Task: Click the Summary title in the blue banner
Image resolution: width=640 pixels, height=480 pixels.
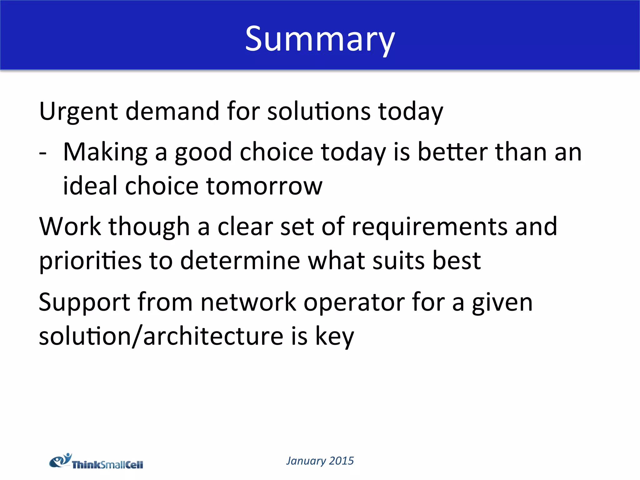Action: pos(320,39)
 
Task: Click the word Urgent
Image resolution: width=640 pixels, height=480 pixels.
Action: pos(78,112)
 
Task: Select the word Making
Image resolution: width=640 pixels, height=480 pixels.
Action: pos(105,152)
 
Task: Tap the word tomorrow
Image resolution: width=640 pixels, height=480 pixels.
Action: pos(264,187)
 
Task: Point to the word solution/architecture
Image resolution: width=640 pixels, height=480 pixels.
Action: pos(161,337)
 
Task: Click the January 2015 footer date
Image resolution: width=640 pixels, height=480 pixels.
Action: pos(320,461)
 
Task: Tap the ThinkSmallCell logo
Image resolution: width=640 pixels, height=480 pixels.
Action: pos(96,462)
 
